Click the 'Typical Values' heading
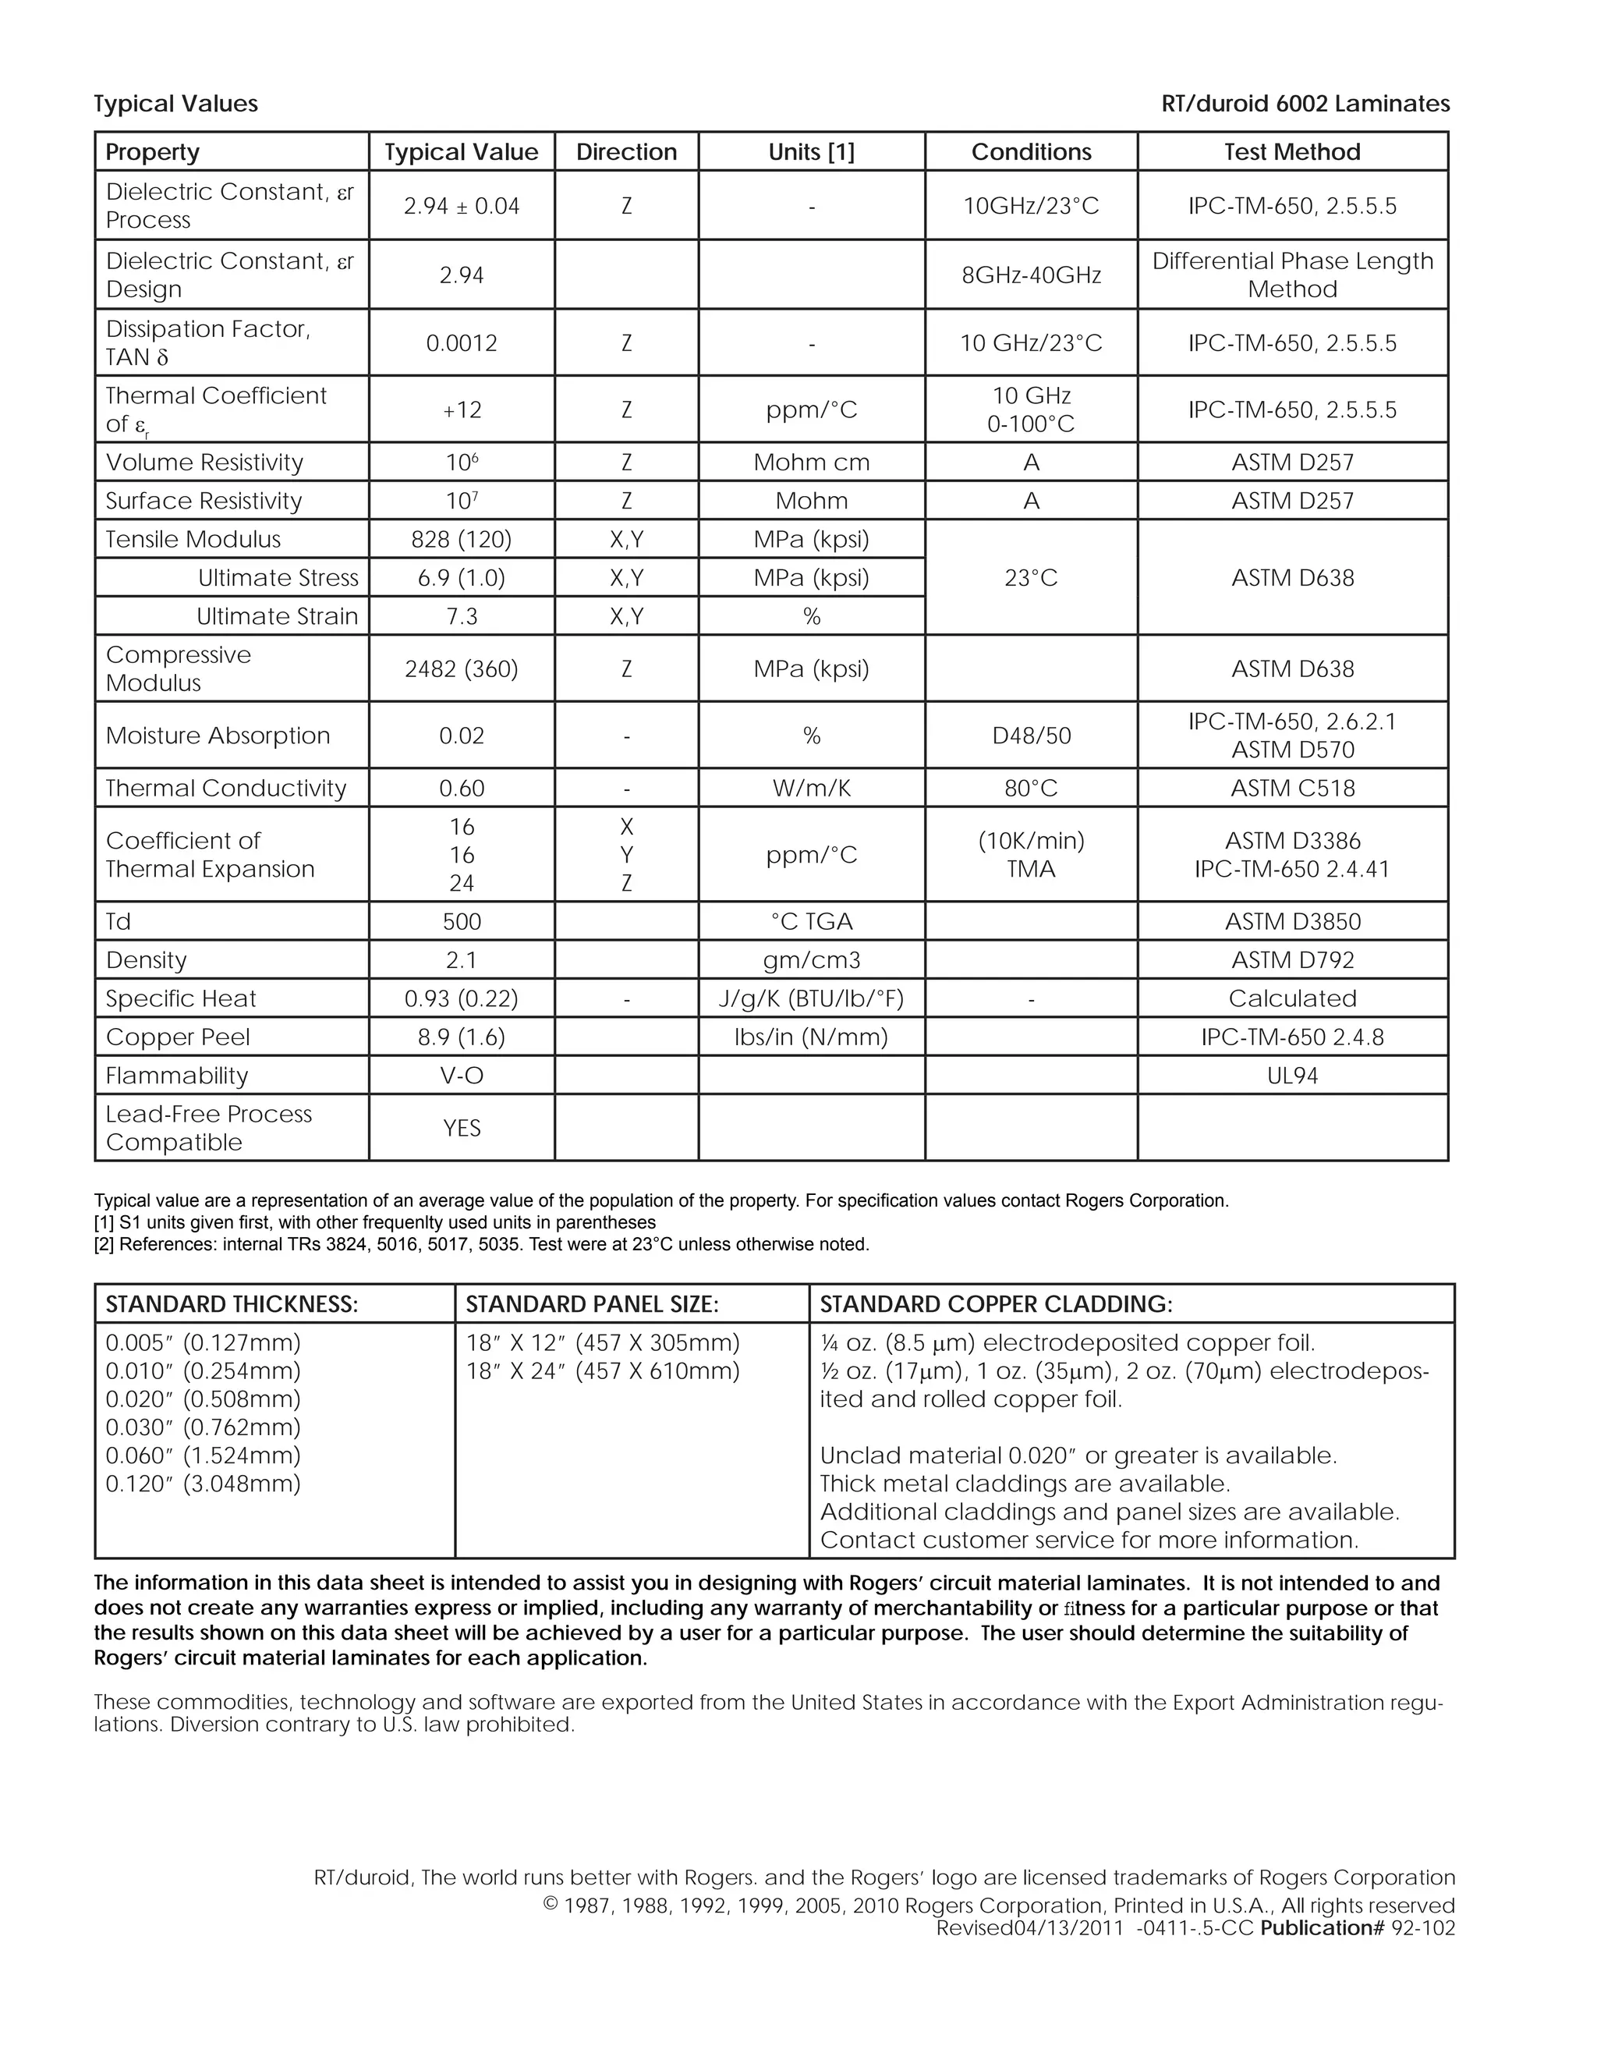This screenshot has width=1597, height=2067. point(176,104)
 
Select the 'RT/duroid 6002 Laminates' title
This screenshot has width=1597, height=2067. point(1305,104)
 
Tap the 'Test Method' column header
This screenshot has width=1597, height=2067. point(1292,152)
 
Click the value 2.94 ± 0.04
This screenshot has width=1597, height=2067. point(462,207)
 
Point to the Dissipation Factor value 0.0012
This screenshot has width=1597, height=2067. point(462,342)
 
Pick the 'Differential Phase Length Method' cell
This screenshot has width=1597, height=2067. point(1292,275)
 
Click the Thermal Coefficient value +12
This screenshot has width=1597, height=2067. point(462,409)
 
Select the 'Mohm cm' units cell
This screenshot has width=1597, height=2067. point(812,463)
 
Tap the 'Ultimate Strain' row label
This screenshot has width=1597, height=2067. point(277,617)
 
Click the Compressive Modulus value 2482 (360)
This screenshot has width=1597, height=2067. point(462,669)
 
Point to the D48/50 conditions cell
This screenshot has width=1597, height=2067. point(1031,736)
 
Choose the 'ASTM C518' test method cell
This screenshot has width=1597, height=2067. point(1292,789)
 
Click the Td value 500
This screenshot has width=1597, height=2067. point(462,922)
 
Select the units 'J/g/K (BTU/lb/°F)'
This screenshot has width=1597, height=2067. point(812,998)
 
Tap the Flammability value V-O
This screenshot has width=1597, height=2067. point(462,1076)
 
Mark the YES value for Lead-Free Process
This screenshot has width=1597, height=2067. point(462,1128)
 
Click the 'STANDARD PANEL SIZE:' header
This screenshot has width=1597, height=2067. point(593,1304)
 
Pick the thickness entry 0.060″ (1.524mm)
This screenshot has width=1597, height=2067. point(204,1455)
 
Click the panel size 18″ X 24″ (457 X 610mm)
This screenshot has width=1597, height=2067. point(603,1371)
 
